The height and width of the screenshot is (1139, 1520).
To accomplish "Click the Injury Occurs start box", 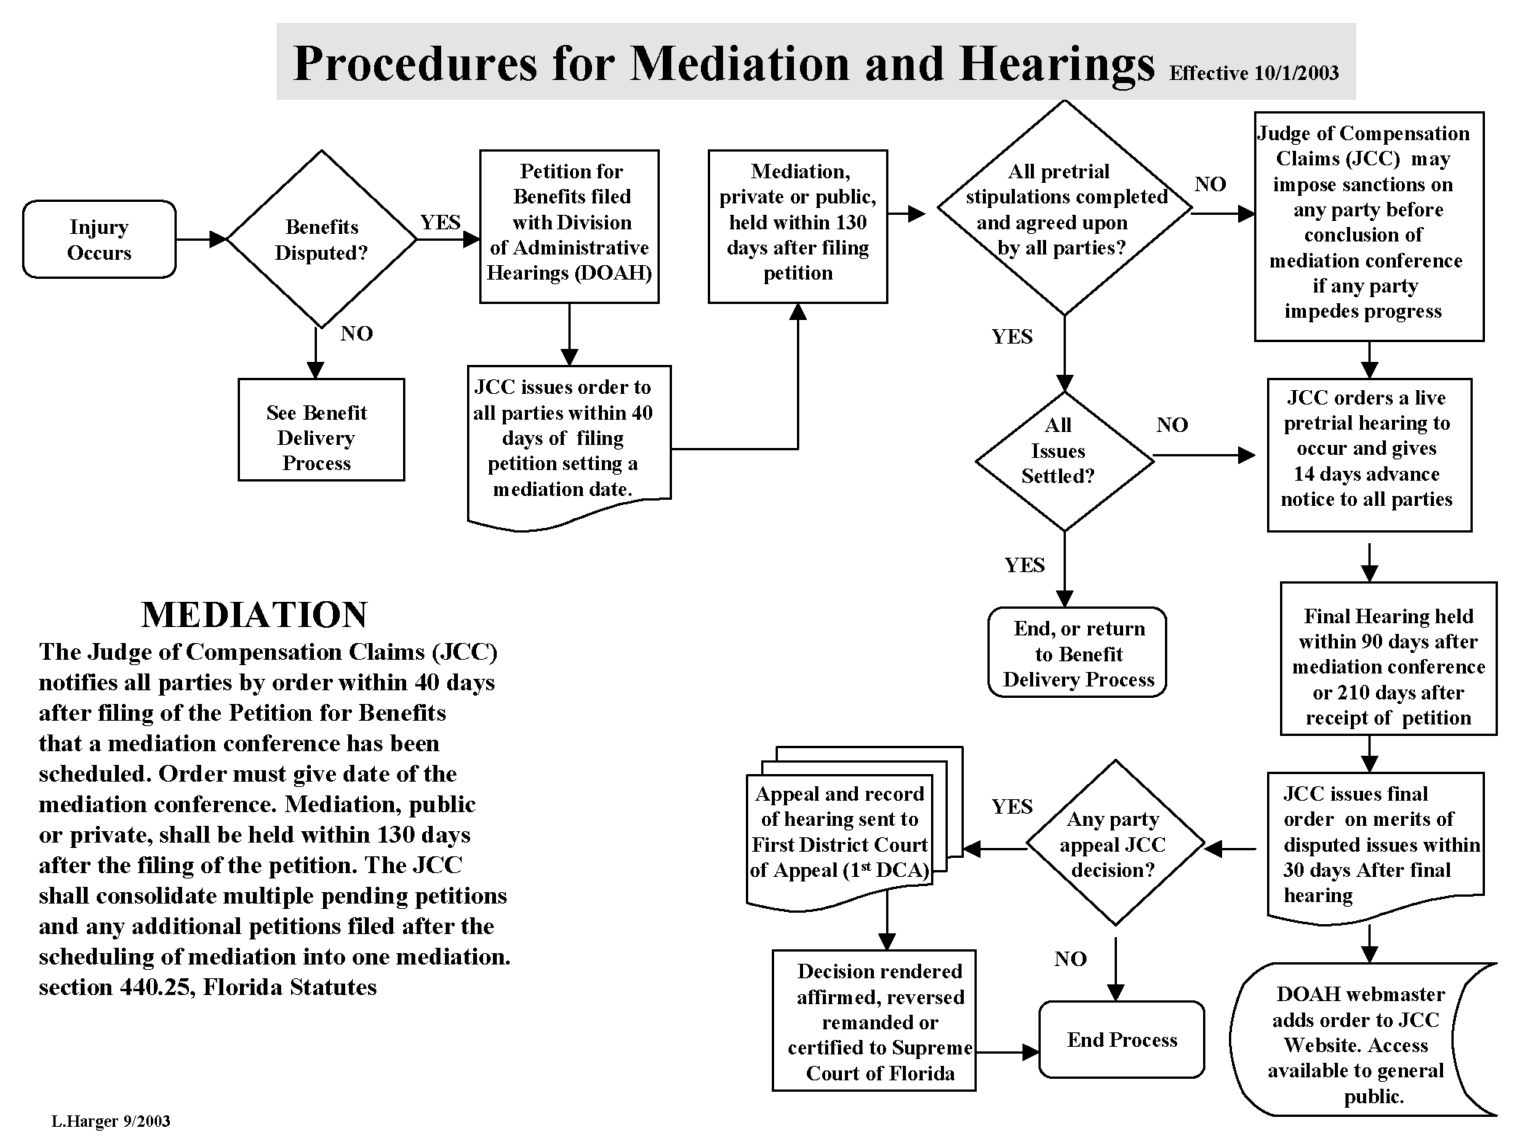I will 99,239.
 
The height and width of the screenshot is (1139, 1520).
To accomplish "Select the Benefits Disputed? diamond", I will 322,239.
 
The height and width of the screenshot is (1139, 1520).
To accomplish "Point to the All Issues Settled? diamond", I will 1064,460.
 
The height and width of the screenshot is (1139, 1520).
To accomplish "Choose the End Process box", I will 1122,1039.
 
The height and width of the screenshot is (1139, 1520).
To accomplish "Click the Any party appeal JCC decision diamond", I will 1115,843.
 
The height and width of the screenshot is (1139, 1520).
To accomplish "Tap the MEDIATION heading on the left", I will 254,615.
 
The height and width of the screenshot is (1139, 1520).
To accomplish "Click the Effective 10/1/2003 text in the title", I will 1253,73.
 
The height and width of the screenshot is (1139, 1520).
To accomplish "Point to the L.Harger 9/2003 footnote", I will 111,1121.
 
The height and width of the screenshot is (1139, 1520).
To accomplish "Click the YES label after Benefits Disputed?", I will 440,222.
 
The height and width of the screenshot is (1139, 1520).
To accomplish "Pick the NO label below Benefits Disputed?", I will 356,334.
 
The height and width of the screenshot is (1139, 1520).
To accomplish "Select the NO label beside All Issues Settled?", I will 1171,425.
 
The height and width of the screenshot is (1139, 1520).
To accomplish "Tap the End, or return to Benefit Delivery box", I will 1077,653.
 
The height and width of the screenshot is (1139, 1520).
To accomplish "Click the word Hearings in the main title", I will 1057,63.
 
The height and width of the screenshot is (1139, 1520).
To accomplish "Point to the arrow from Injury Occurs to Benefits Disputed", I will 201,239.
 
